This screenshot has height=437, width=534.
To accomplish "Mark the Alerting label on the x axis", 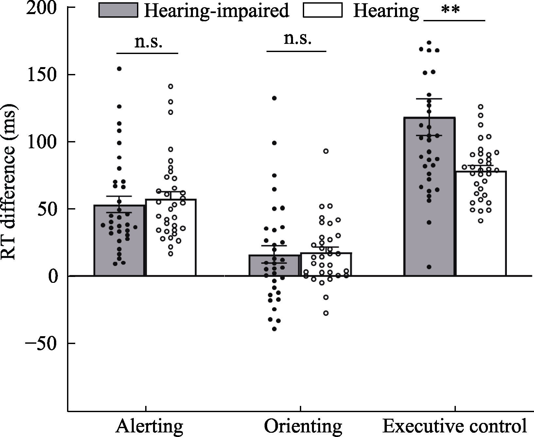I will (149, 426).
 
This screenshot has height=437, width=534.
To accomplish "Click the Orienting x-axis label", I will (303, 426).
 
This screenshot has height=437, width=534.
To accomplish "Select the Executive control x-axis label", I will (455, 426).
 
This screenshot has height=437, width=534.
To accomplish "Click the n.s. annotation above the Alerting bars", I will (148, 43).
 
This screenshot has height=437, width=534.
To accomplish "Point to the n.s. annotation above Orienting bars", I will (297, 39).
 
